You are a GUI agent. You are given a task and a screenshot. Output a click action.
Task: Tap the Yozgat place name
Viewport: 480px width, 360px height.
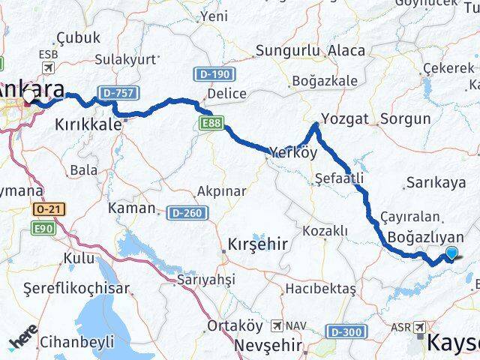click(x=345, y=118)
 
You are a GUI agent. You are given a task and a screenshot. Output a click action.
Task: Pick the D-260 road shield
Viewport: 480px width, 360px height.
click(x=184, y=213)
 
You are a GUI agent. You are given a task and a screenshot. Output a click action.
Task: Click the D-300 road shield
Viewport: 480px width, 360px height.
click(x=344, y=330)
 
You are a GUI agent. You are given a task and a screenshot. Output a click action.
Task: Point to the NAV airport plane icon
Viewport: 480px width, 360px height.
click(x=278, y=326)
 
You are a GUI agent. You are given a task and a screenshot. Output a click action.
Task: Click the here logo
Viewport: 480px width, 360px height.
click(x=22, y=342)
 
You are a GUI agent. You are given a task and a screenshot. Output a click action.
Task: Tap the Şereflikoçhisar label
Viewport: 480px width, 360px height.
click(x=76, y=288)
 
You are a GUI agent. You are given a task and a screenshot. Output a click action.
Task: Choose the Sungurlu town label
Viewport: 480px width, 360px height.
click(x=288, y=51)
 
